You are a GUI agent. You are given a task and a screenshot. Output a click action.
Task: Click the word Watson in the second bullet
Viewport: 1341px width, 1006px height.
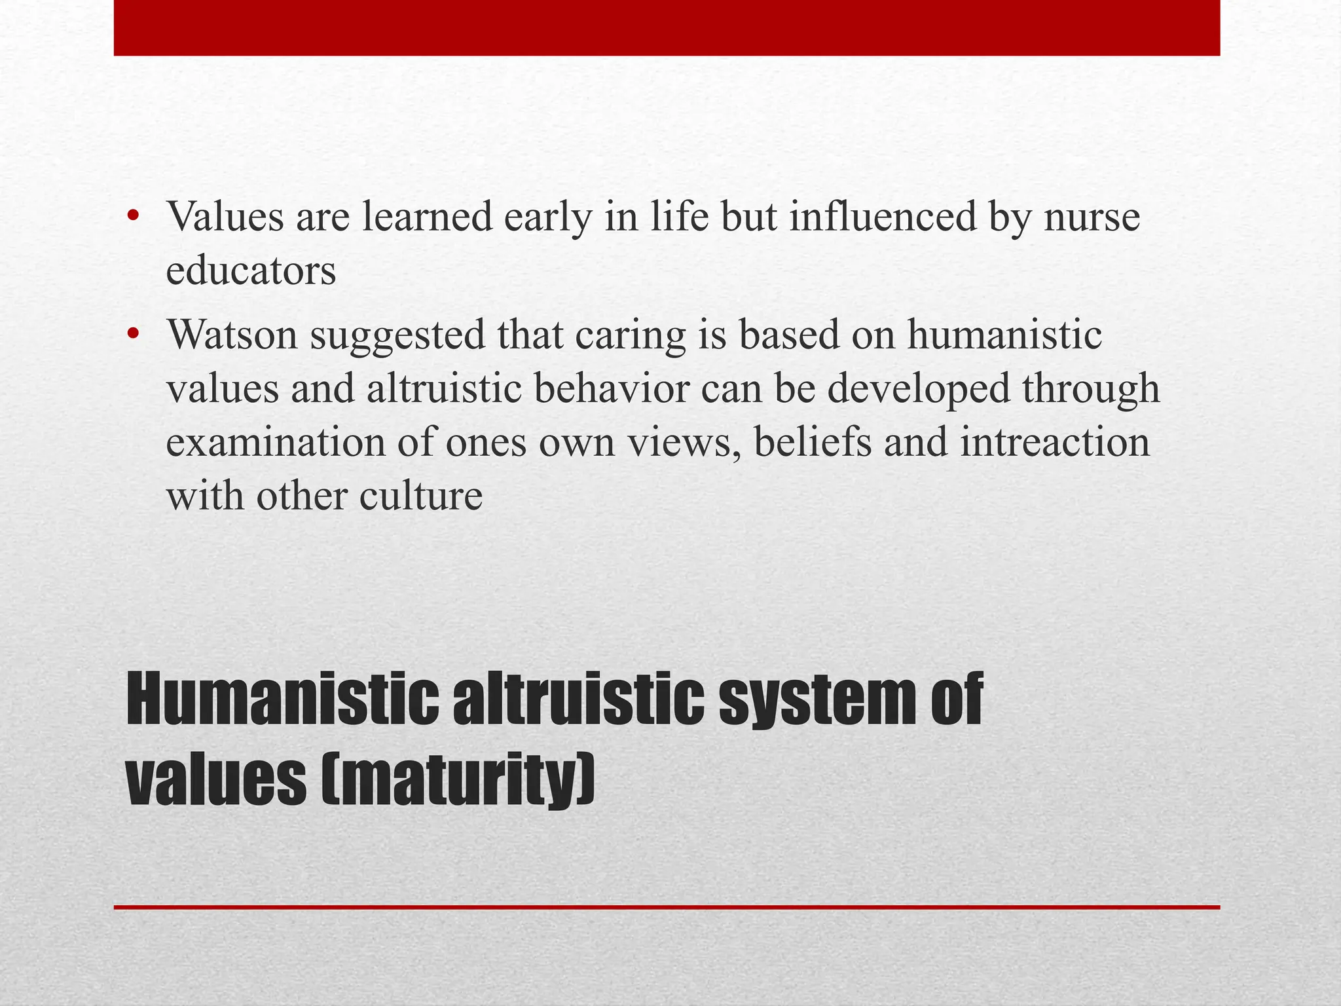click(x=232, y=335)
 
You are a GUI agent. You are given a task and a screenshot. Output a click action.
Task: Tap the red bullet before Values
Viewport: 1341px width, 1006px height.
click(x=134, y=216)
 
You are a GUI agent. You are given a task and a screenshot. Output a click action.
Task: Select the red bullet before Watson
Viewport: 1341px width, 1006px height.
click(x=134, y=335)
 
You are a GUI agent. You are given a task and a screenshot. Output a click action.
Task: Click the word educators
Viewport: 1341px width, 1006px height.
click(x=251, y=270)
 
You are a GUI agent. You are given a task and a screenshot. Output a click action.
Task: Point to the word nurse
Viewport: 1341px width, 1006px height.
click(x=1092, y=217)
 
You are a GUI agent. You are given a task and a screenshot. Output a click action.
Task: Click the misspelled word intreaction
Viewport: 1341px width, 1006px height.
click(x=1055, y=442)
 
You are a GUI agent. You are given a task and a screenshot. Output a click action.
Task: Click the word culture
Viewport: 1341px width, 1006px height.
click(x=420, y=496)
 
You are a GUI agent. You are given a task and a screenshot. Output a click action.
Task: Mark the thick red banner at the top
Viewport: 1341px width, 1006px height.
click(x=667, y=28)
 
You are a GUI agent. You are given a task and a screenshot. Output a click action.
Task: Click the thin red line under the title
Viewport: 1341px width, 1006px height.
click(x=667, y=907)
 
